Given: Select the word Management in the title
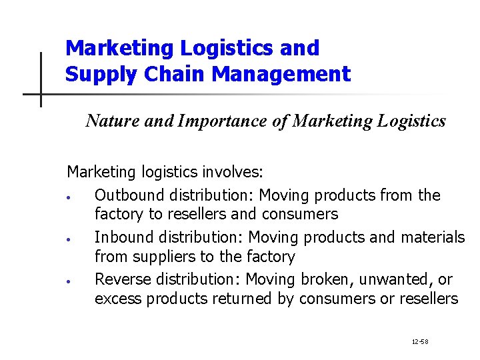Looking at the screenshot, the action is pyautogui.click(x=281, y=74).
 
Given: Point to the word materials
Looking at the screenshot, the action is pyautogui.click(x=433, y=237).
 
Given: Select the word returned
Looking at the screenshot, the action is pyautogui.click(x=242, y=299).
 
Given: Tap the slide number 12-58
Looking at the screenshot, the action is pyautogui.click(x=420, y=342).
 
